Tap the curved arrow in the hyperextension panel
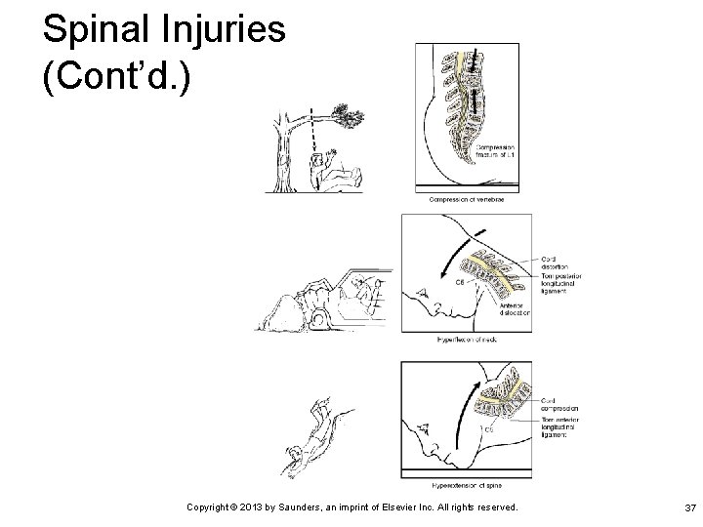pyautogui.click(x=473, y=410)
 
